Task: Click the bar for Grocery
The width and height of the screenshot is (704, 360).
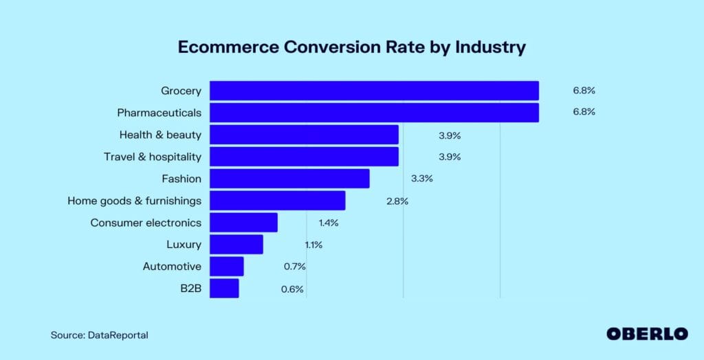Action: pos(374,91)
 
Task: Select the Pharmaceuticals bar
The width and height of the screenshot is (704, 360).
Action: pos(374,113)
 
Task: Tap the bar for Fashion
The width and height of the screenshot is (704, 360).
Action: pos(289,179)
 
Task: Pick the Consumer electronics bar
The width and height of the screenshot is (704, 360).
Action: pos(243,223)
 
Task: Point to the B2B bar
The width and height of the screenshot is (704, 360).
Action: pos(224,289)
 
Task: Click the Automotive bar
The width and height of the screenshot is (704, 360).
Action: pos(227,267)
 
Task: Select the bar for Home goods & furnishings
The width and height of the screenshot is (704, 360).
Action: pos(277,201)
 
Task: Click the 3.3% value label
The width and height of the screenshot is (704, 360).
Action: pos(421,179)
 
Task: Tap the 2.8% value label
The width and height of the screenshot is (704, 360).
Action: pos(397,201)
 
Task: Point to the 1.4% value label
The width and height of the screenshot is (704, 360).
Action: pos(329,223)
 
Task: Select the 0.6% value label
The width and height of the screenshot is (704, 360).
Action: pos(292,289)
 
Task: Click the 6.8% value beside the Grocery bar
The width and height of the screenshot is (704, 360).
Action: pos(584,91)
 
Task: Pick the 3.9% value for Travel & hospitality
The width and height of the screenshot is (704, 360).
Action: pos(450,157)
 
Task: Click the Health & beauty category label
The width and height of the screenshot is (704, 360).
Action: pos(160,135)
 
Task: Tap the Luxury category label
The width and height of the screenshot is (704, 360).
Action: pos(184,245)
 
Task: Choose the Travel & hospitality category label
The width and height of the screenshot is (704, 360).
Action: pos(153,157)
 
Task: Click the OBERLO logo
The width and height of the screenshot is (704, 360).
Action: pos(647,334)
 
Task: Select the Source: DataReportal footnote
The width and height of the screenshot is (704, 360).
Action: pos(99,335)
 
